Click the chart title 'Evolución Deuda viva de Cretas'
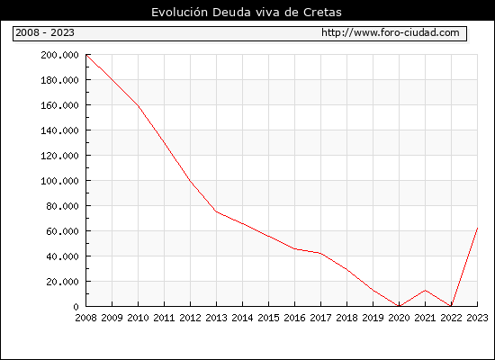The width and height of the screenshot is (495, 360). (x=247, y=13)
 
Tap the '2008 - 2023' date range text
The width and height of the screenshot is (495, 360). (x=45, y=32)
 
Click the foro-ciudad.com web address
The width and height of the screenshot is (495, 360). (x=391, y=32)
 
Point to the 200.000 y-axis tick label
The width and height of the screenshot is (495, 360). (x=59, y=55)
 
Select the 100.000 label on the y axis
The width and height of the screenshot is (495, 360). (x=59, y=181)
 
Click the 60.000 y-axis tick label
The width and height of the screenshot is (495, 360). (x=62, y=231)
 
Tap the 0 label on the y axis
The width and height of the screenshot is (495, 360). (x=76, y=307)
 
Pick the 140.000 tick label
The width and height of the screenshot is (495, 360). (x=59, y=130)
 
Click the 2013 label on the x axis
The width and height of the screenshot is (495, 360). (x=216, y=318)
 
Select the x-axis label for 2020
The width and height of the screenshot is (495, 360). (x=399, y=318)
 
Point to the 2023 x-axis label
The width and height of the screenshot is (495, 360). (x=477, y=318)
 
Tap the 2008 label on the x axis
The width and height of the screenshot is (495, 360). (x=85, y=318)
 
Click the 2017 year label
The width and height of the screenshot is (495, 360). (x=320, y=318)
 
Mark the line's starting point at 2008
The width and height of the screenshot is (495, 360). (x=86, y=55)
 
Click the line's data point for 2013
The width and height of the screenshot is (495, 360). (x=216, y=211)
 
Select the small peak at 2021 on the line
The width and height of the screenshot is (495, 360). (x=425, y=290)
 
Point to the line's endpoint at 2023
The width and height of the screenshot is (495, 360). (x=477, y=228)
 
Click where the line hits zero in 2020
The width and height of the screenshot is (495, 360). (x=399, y=306)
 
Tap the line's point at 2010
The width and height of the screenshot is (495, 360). (x=139, y=105)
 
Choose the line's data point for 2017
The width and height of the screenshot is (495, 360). (x=320, y=253)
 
